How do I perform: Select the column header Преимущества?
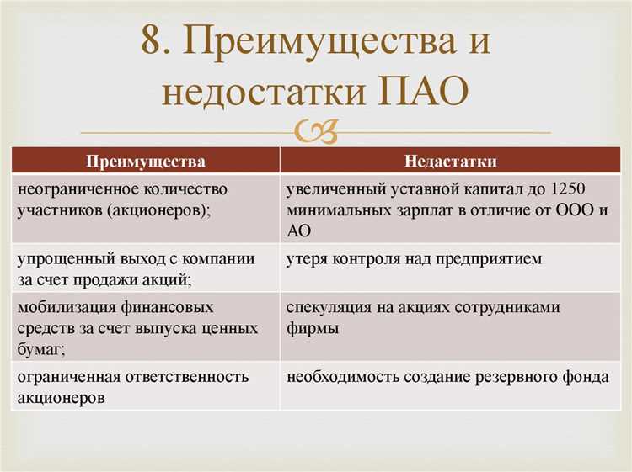coord(146,160)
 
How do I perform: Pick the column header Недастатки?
coord(450,160)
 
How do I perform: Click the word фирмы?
coord(313,329)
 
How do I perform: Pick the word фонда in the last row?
coord(585,377)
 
